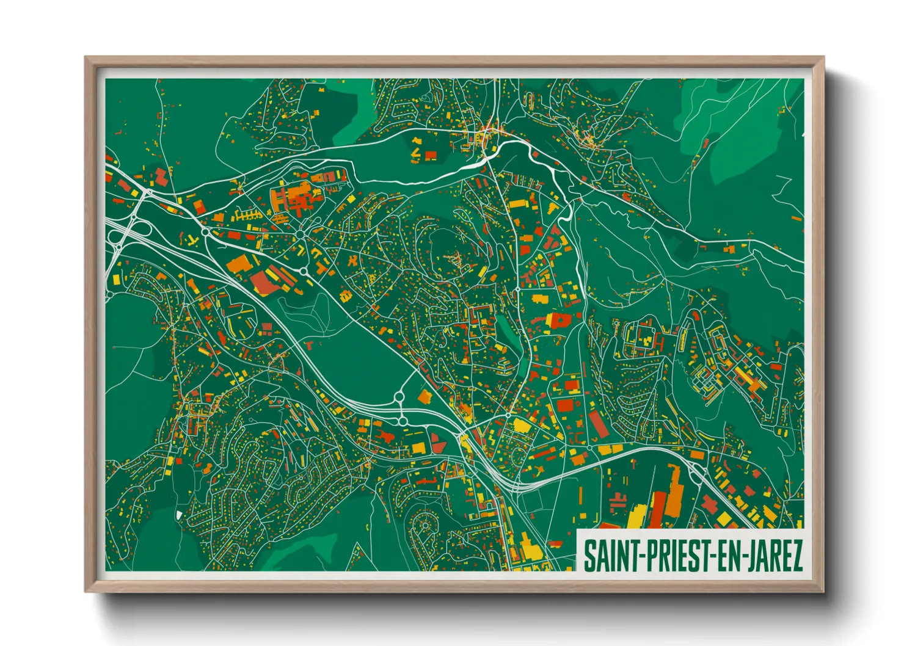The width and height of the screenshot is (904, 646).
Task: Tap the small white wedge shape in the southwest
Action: click(178, 515)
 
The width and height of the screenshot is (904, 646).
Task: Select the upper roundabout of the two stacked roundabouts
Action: click(399, 397)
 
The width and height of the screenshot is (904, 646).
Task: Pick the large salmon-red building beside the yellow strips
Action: click(263, 282)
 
